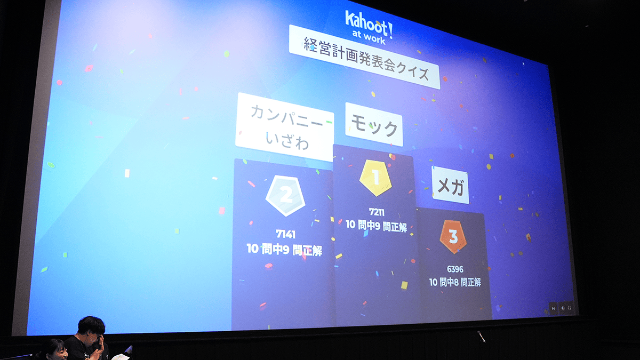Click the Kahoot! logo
coord(369,23)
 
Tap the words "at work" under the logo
coord(369,37)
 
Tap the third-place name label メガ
coord(450,186)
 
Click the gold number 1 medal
coord(375,178)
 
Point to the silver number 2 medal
coord(285,196)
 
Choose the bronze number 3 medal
coord(453,236)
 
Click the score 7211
coord(377,212)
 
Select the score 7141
coord(285,234)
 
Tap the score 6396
coord(455,269)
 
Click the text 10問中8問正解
coord(455,282)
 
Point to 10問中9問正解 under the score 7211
coord(377,226)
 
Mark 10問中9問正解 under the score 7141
coord(285,250)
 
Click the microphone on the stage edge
coord(481,337)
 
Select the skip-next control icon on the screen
coord(554,309)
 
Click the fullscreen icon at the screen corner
coord(570,308)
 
